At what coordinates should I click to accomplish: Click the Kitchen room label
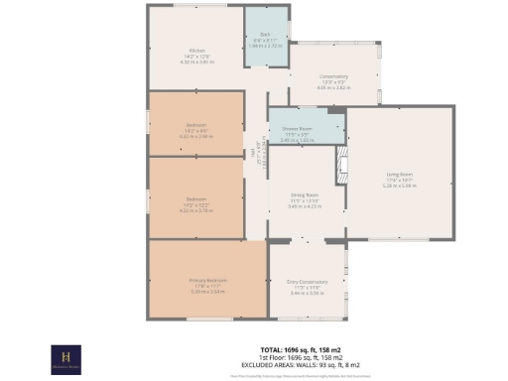coord(196,52)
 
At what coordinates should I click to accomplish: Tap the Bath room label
coord(265,35)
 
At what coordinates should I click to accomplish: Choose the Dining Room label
coord(305,194)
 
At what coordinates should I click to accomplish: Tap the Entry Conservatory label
coord(308,282)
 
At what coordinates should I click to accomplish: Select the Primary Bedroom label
coord(208,282)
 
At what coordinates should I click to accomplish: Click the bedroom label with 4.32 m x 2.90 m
coord(195,124)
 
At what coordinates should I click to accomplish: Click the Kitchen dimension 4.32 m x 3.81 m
coord(196,63)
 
